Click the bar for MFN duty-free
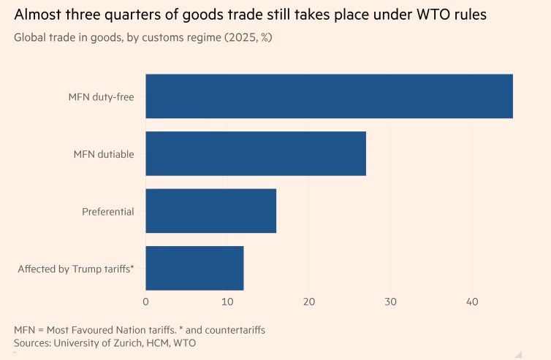click(329, 96)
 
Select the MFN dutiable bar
click(256, 153)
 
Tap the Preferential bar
click(211, 211)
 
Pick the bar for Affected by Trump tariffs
click(194, 269)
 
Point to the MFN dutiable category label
click(104, 154)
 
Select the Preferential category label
click(108, 212)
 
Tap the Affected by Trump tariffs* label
click(76, 269)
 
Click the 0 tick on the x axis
click(145, 302)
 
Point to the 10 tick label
click(227, 302)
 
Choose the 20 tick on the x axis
click(309, 302)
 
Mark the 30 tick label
click(391, 302)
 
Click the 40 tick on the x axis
click(472, 302)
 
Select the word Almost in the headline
click(37, 15)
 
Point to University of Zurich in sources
click(103, 342)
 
